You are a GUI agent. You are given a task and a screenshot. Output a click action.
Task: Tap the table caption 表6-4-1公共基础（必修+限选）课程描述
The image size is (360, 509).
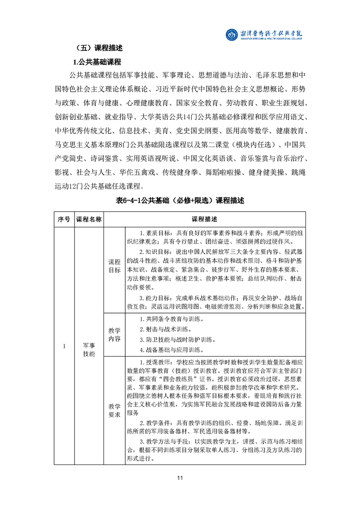pos(180,201)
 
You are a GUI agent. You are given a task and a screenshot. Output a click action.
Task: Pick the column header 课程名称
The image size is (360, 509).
pos(89,219)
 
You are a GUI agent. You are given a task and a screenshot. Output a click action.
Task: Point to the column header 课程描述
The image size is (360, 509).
pos(205,219)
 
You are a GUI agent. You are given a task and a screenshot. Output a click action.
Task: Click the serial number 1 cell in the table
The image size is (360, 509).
pos(64,347)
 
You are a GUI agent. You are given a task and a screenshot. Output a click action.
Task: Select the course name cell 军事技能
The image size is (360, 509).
pos(89,347)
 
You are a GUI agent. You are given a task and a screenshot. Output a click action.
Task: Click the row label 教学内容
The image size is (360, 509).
pos(114,334)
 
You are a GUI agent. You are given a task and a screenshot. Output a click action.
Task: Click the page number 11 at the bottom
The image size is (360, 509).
pos(180,478)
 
